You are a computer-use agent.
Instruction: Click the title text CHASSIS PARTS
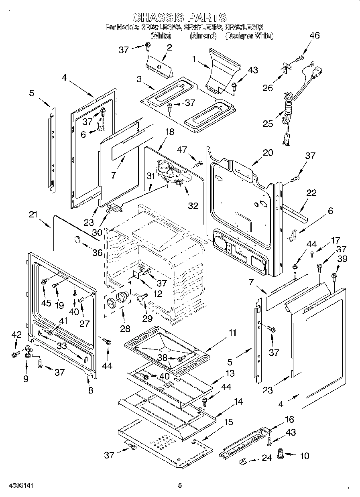click(179, 18)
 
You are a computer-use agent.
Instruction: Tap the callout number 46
click(314, 35)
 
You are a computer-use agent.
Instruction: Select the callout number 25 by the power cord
click(268, 123)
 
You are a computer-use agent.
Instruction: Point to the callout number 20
click(268, 152)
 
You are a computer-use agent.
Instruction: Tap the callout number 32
click(193, 206)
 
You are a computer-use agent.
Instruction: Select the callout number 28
click(125, 329)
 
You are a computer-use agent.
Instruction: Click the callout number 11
click(232, 333)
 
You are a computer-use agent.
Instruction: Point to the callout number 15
click(228, 422)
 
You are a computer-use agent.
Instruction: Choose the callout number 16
click(289, 420)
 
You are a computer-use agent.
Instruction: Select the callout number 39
click(342, 260)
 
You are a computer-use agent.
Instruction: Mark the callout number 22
click(311, 193)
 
